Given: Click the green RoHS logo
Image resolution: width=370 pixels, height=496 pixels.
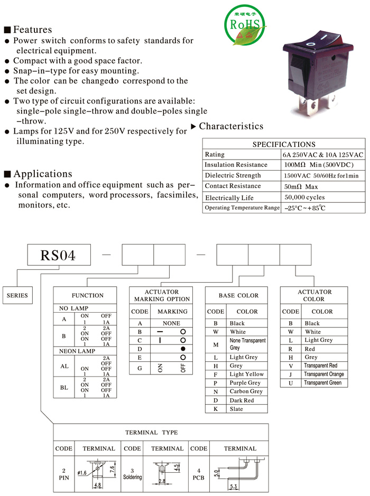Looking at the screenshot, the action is point(245,24).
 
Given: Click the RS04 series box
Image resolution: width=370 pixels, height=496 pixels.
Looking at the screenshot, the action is point(59,255).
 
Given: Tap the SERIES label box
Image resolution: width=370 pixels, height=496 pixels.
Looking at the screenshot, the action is point(17,295).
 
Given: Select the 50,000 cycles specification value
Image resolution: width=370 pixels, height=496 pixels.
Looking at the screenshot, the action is point(304,197).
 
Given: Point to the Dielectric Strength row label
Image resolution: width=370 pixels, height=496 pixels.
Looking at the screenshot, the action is point(233,175).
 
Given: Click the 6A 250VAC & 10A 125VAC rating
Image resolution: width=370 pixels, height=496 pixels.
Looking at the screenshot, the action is point(323,155).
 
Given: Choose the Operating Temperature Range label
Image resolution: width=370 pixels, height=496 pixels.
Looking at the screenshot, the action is point(242,208).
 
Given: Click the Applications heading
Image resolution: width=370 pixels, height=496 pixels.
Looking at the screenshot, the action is point(42,174).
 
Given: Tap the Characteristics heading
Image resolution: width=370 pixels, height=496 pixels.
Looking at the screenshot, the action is point(231,126).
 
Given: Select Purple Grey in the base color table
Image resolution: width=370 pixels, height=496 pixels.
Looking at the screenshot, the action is point(245,383).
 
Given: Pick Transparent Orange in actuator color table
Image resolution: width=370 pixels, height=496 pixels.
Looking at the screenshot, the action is point(324,374).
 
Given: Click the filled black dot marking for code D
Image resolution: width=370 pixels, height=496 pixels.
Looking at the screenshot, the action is point(183,349).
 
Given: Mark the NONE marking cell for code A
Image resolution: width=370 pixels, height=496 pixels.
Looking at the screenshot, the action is point(171,323).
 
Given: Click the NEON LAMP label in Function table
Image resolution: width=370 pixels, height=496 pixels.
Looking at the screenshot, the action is point(77,351).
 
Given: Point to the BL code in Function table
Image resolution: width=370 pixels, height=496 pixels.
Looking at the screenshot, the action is point(64,388).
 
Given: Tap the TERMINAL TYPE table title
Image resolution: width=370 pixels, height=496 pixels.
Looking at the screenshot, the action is point(151,433).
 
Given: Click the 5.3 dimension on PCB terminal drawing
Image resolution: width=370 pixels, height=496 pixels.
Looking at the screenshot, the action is point(233,486).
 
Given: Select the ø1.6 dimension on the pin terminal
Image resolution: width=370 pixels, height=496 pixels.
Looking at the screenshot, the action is point(82,473).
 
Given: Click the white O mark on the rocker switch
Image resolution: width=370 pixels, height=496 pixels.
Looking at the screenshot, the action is point(310,43).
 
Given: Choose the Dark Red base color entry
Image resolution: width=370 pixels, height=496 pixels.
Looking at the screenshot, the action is point(242,400).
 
